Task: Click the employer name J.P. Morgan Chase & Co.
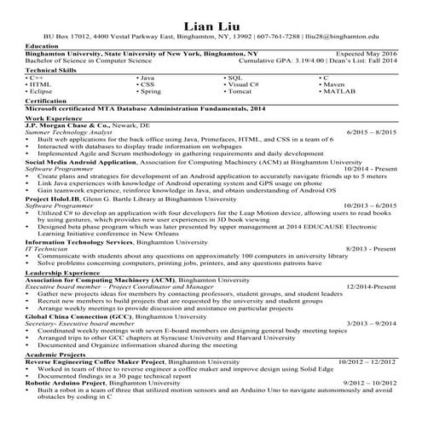(70, 124)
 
